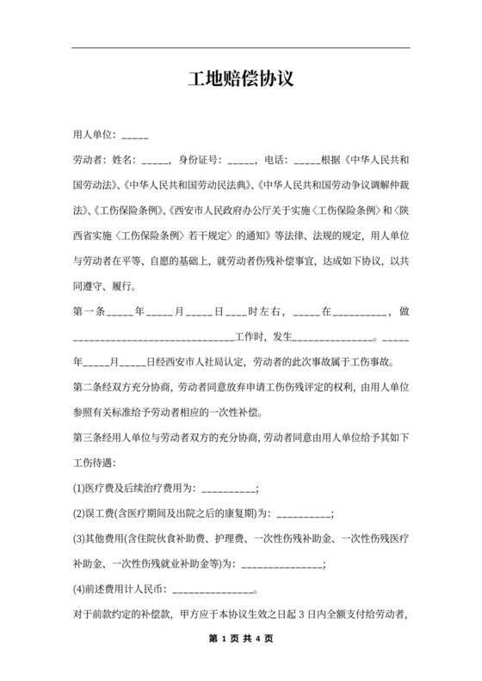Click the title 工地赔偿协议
click(241, 80)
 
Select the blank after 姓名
click(156, 161)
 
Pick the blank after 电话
click(306, 161)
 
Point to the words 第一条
click(90, 313)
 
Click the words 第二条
click(90, 388)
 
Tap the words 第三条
click(90, 439)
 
